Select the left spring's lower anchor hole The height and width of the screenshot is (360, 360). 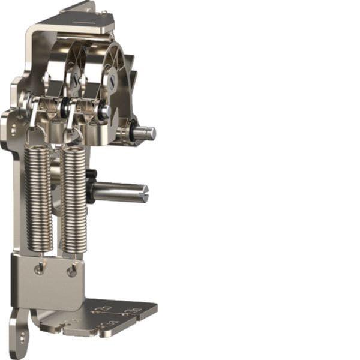click(39, 269)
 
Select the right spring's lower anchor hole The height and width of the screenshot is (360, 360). click(71, 272)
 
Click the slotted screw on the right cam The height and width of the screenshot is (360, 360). click(112, 79)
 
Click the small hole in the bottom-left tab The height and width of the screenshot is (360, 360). click(21, 338)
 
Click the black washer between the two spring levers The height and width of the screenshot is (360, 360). click(64, 108)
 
